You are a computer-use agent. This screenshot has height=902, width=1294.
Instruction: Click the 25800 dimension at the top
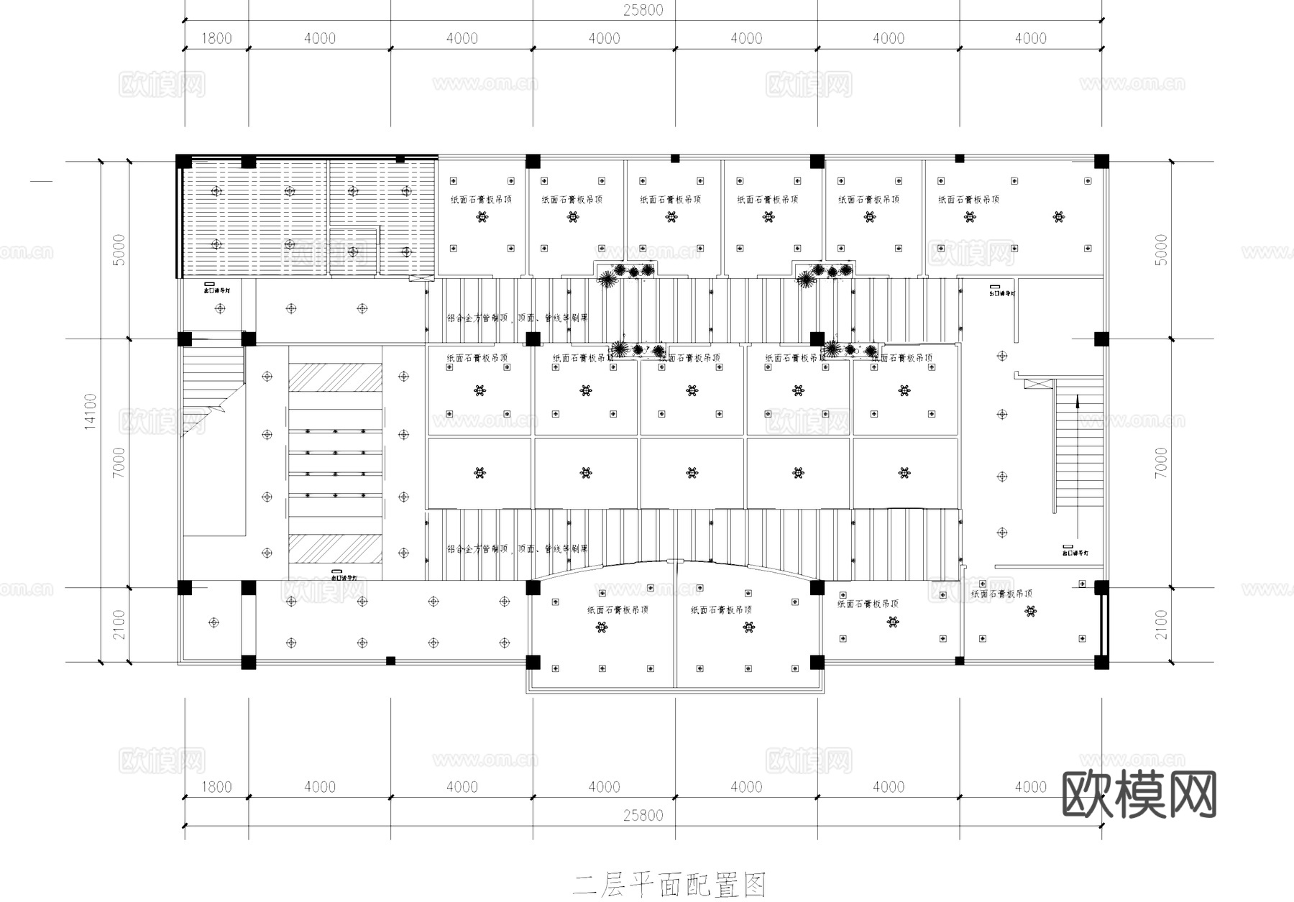pos(643,10)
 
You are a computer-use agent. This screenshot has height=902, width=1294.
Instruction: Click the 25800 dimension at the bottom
pos(643,815)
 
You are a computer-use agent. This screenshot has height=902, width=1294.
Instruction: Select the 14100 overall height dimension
pos(91,411)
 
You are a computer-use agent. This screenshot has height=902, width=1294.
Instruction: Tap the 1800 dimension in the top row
pos(216,38)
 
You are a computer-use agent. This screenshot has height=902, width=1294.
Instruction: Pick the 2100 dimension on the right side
pos(1162,625)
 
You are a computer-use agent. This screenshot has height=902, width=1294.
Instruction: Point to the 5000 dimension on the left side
pos(119,249)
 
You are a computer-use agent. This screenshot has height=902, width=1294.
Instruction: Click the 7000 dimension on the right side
pos(1162,463)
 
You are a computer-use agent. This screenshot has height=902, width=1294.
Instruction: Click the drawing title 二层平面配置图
pos(669,885)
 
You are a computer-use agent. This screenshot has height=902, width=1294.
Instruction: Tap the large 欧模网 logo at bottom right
pos(1139,795)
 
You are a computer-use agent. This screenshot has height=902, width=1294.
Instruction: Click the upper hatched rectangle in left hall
pos(335,377)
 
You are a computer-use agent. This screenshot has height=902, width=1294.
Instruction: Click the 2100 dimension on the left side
pos(119,625)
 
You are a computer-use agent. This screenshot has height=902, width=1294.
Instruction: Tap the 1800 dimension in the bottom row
pos(216,787)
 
